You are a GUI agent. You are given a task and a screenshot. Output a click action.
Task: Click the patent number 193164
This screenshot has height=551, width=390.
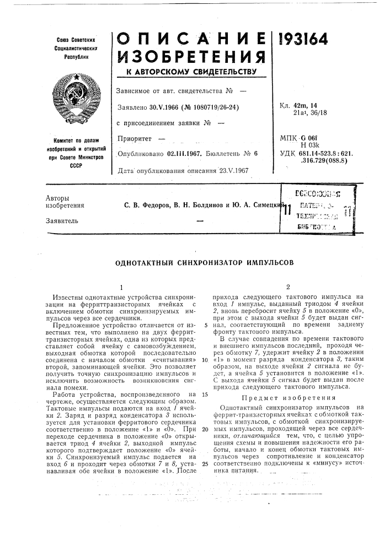[304, 40]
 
